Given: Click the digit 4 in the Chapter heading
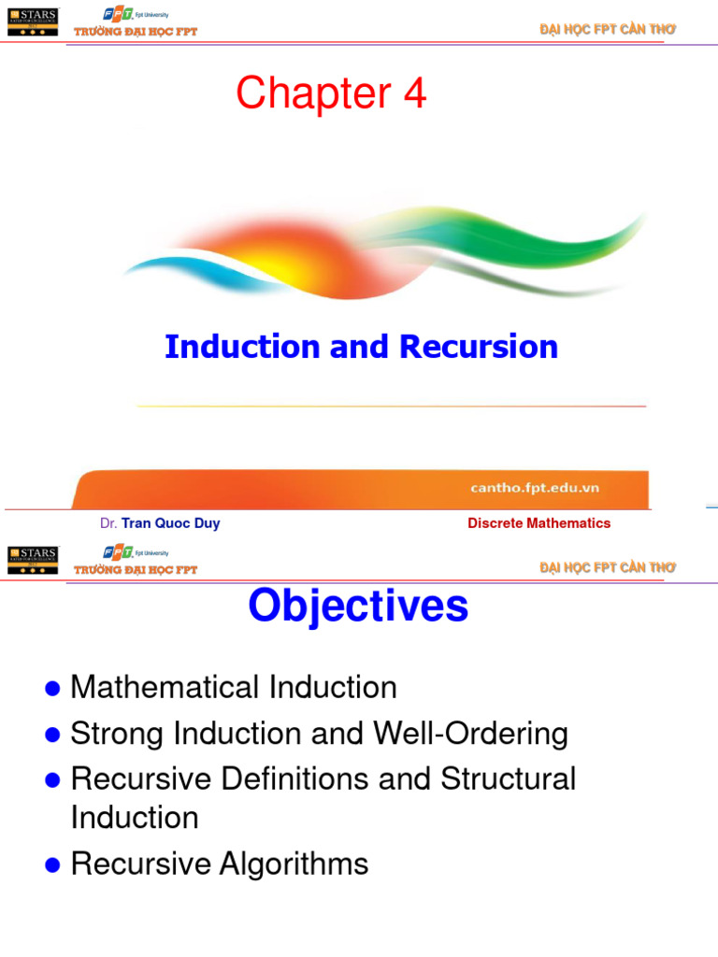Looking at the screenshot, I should click(x=411, y=94).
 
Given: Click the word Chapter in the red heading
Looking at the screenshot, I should click(x=313, y=94).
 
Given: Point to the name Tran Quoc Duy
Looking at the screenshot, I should click(x=170, y=523).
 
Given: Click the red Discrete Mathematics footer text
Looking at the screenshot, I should click(x=538, y=523).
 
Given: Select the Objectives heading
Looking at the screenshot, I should click(x=358, y=607).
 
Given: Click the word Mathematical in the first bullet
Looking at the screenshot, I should click(x=166, y=688).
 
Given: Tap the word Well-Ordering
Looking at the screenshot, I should click(x=470, y=734).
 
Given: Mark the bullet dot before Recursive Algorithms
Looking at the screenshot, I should click(x=53, y=865).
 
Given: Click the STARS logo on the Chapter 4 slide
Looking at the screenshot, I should click(x=32, y=21).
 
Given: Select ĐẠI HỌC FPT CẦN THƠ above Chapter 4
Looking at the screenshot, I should click(x=607, y=31).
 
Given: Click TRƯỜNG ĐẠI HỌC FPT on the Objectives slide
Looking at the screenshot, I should click(x=136, y=570).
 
